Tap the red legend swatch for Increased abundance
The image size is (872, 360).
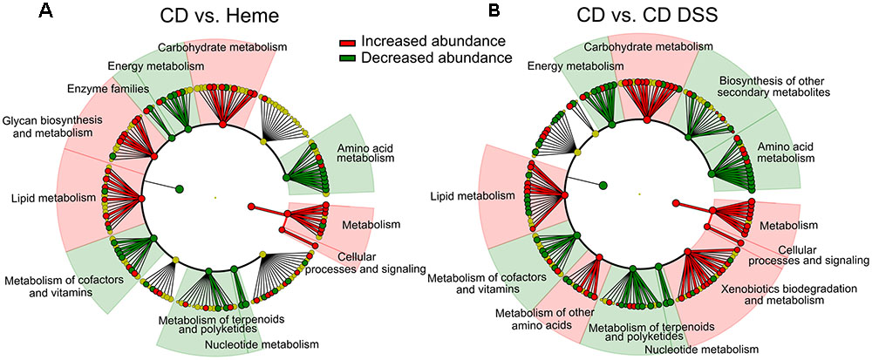tap(348, 42)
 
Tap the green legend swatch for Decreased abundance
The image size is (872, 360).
tap(348, 58)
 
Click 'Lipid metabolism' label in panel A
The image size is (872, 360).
tap(48, 198)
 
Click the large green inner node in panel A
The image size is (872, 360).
tap(180, 188)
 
